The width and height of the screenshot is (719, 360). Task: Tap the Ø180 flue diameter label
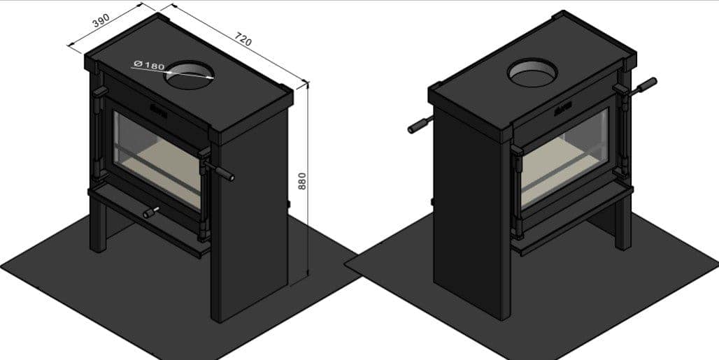click(149, 66)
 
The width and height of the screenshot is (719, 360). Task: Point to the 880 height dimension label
click(302, 181)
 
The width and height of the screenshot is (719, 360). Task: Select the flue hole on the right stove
click(531, 73)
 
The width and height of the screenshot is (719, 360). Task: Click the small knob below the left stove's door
click(150, 213)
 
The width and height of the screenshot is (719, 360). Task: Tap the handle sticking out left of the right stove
click(418, 127)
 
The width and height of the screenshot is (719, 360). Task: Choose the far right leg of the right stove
click(622, 224)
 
